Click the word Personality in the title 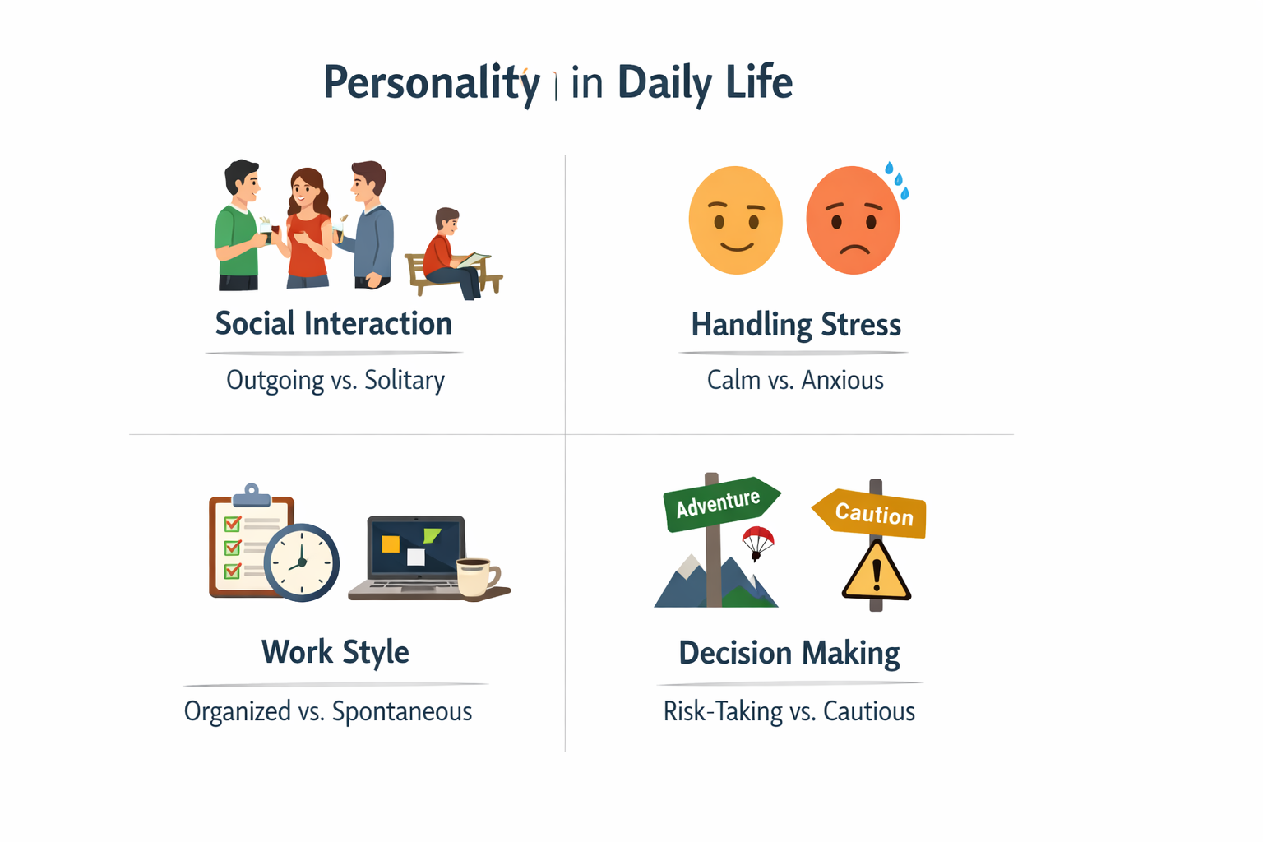[x=431, y=83]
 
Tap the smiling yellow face [x=735, y=220]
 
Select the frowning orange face [x=853, y=220]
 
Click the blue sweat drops [x=897, y=180]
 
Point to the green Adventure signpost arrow [x=719, y=502]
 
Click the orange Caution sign [x=872, y=513]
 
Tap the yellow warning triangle [x=877, y=571]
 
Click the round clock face [x=302, y=562]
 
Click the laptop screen [x=416, y=548]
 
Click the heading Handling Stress [x=796, y=325]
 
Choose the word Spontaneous [x=402, y=711]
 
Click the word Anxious [x=842, y=380]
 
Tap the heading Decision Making [x=789, y=653]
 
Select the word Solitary [x=405, y=380]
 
